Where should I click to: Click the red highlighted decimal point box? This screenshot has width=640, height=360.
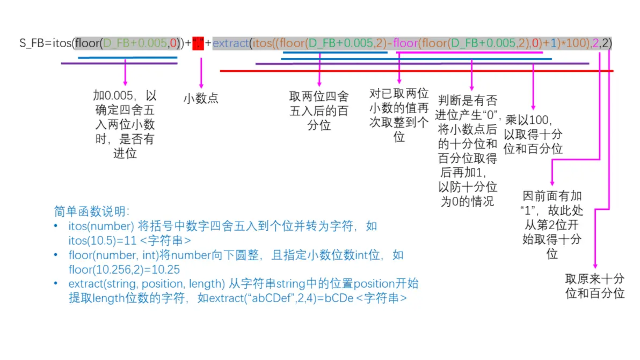pos(198,43)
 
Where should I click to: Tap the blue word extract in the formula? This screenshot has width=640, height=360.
pos(231,43)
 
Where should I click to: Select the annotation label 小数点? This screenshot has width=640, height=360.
pos(201,98)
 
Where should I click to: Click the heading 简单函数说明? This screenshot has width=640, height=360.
pos(91,211)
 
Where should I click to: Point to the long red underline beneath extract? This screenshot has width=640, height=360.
pos(417,71)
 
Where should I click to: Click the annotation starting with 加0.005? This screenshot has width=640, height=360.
pos(125,124)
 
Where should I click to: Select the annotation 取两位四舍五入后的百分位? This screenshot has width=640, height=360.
pos(319,111)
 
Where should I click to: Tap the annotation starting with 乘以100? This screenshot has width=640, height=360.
pos(533,134)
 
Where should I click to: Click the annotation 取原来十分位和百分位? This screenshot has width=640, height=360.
pos(595,286)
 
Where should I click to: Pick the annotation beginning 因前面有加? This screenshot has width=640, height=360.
pos(552,225)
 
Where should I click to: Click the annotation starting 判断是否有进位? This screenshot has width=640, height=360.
pos(468,151)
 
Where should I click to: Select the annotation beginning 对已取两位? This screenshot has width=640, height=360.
pos(399,115)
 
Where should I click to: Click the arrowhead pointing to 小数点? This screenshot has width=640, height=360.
pos(201,86)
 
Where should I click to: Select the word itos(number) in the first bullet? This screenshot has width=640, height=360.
pos(101,226)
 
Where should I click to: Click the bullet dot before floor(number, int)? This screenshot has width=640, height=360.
pos(56,255)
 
